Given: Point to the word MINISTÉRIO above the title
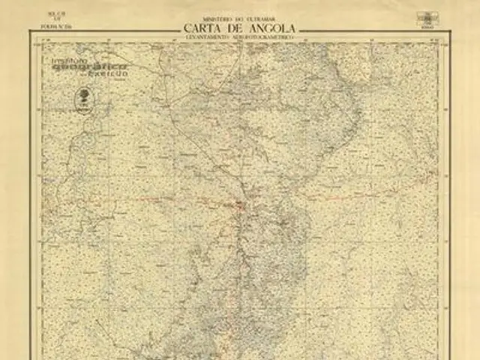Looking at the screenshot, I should click(219, 18).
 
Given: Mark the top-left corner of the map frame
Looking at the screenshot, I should click(31, 40).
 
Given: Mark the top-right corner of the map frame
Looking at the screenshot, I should click(449, 40).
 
